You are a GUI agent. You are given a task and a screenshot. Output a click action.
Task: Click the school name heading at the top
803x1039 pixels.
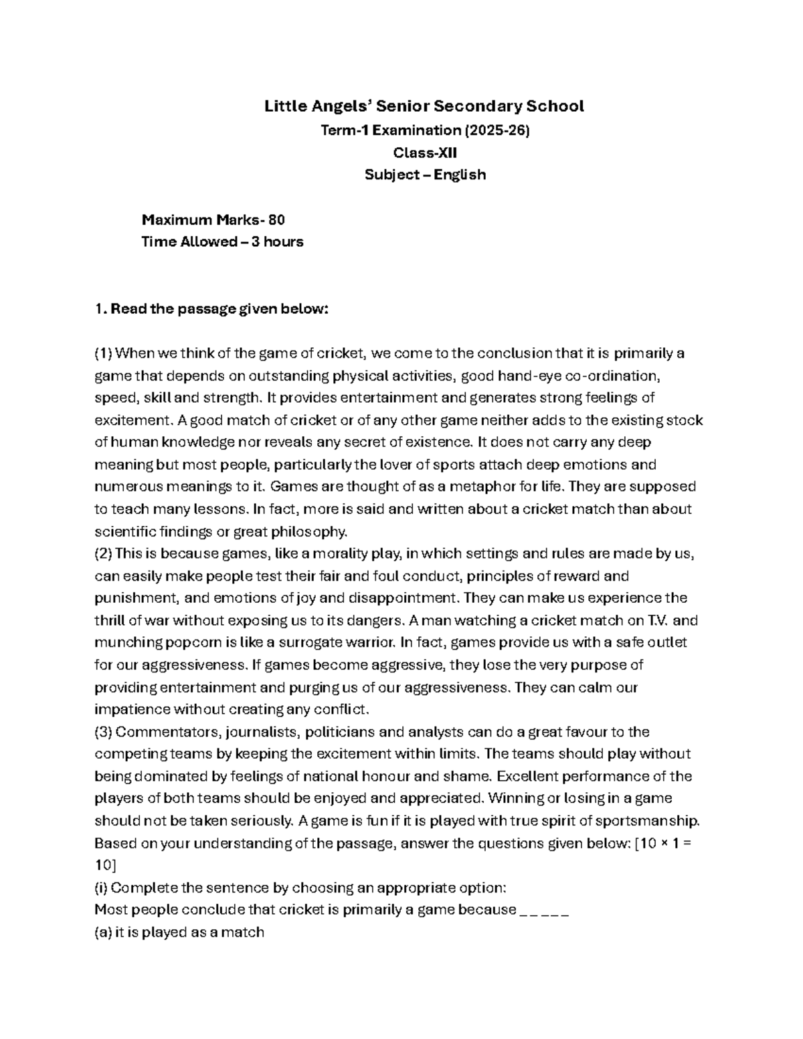424,106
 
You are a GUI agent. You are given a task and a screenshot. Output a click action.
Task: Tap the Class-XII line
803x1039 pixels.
425,153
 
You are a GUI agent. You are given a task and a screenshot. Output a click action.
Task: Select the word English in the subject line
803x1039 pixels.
459,175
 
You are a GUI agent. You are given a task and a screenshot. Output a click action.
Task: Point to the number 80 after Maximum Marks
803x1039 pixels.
277,219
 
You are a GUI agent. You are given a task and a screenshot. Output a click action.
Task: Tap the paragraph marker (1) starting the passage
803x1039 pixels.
104,353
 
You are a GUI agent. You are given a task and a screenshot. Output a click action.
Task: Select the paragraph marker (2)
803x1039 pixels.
104,553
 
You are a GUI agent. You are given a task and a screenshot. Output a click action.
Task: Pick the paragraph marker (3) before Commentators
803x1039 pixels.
104,731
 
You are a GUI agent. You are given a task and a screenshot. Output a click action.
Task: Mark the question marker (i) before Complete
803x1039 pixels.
101,888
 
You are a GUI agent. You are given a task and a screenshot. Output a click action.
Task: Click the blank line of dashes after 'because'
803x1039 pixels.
544,910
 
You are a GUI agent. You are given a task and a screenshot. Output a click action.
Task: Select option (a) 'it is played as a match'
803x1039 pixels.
179,932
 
